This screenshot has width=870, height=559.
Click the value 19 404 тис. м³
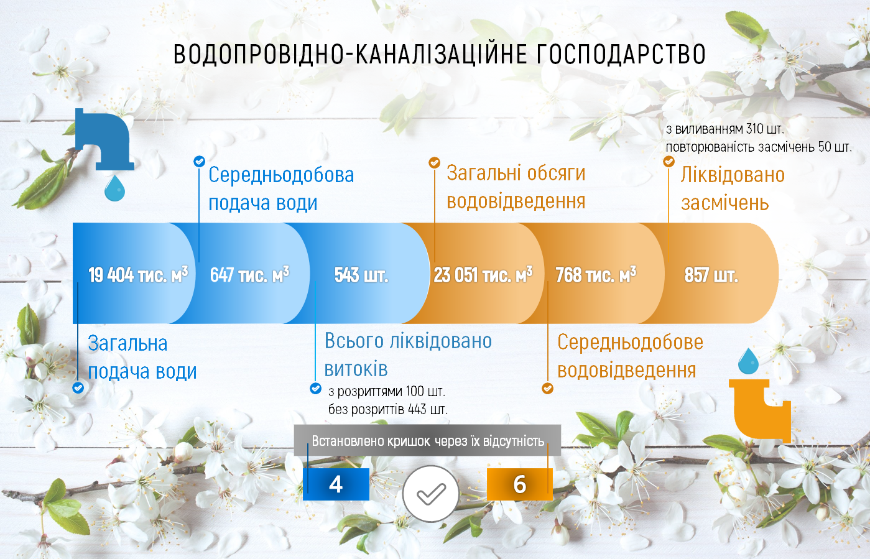point(138,275)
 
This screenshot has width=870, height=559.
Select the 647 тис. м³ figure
point(250,275)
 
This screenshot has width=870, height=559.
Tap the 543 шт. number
point(361,275)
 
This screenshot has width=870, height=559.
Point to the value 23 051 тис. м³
point(483,275)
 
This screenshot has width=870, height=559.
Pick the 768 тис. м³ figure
point(596,275)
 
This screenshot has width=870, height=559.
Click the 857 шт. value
point(711,275)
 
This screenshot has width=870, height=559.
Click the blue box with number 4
point(336,484)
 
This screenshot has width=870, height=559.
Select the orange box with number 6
point(520,484)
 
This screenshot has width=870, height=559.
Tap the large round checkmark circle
point(431,494)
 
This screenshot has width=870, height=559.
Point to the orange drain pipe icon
point(760,412)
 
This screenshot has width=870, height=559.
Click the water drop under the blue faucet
point(114,188)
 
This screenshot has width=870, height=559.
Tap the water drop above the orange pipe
point(748,361)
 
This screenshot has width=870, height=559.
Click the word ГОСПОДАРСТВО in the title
point(621,54)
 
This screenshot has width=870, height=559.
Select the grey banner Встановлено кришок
point(427,440)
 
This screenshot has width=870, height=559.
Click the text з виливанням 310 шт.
point(724,129)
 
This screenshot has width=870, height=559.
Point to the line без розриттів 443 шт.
point(387,409)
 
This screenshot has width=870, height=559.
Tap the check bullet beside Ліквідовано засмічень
point(669,161)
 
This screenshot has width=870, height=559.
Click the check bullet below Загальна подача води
point(78,387)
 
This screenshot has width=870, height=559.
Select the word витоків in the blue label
point(356,369)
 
